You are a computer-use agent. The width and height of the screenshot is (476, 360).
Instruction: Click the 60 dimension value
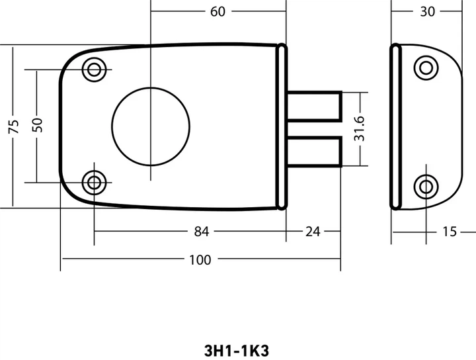pyautogui.click(x=218, y=11)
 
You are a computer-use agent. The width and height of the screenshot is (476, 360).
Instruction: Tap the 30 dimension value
pyautogui.click(x=428, y=11)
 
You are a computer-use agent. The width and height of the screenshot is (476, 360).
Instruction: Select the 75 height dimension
pyautogui.click(x=14, y=126)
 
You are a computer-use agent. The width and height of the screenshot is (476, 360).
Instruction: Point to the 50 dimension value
pyautogui.click(x=38, y=125)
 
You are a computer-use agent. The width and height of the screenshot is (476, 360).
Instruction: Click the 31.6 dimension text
pyautogui.click(x=359, y=129)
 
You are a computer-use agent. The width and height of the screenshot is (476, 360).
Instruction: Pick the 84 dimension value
pyautogui.click(x=202, y=232)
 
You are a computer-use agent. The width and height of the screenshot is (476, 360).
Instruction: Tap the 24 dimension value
pyautogui.click(x=313, y=232)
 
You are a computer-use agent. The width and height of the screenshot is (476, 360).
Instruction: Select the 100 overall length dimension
pyautogui.click(x=200, y=260)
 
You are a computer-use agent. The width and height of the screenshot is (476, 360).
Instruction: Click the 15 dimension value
pyautogui.click(x=450, y=232)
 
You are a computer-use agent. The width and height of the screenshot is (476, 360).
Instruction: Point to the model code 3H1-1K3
pyautogui.click(x=237, y=351)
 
